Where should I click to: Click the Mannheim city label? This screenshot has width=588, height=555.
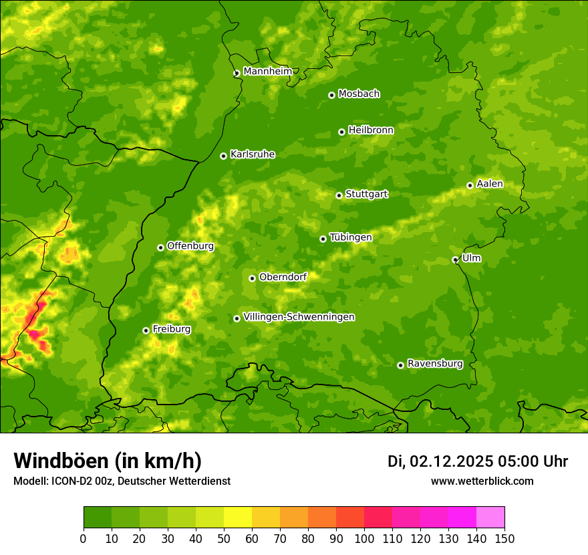pos(267,72)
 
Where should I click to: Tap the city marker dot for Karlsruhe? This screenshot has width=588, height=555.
pos(223,156)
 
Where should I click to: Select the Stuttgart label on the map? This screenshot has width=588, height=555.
pos(366,195)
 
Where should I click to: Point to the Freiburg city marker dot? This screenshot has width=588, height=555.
pos(146,330)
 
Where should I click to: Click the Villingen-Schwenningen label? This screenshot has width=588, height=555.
pos(299,317)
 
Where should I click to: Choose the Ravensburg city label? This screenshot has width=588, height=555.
pos(434,364)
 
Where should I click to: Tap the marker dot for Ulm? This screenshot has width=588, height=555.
pos(455,259)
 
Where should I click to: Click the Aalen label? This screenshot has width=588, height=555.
pos(490,184)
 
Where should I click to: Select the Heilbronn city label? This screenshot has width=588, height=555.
pos(371,130)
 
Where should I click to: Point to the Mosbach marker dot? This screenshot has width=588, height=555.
pos(331,95)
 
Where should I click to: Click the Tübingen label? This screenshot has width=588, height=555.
pos(350,237)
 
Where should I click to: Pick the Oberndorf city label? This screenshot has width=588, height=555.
pos(283,277)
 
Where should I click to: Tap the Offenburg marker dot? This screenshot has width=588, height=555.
pos(160,247)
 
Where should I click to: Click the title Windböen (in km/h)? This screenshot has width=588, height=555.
pos(108,461)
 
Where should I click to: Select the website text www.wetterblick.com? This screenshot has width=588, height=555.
pos(482,481)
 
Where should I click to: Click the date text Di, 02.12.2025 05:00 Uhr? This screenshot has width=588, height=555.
pos(478,461)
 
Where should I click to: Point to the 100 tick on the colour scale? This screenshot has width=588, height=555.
pos(364,539)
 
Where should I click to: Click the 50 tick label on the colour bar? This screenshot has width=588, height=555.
pos(224,539)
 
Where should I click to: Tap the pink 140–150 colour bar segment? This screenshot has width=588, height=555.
pos(490,518)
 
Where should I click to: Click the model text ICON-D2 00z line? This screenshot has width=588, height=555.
pos(122,481)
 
